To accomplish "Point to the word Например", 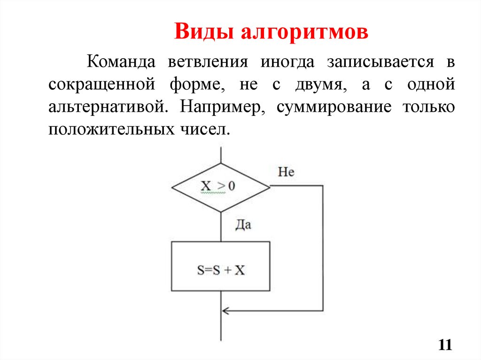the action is point(223,107).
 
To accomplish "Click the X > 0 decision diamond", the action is point(221,187).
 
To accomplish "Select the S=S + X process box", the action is point(221,266).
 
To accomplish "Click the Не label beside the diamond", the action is point(286,172).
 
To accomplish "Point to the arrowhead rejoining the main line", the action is point(225,310).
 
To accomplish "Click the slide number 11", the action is point(445,345).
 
